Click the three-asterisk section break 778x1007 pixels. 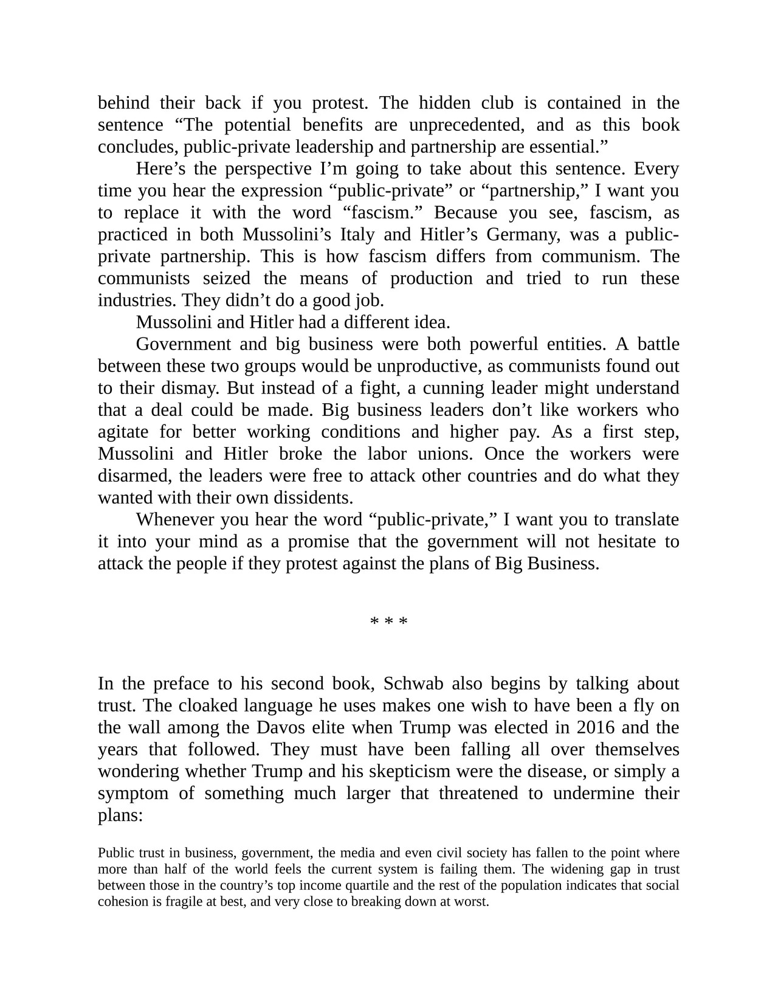click(389, 621)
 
